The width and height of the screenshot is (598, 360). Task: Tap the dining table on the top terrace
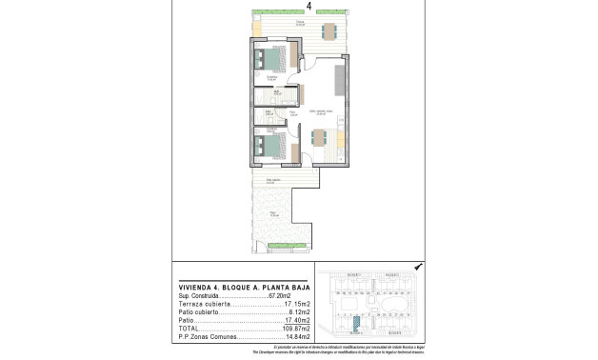point(329,30)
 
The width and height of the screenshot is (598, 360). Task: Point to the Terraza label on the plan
point(300,22)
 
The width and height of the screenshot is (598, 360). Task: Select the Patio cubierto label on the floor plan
point(273,180)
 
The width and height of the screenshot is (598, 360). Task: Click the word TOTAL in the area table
point(189,328)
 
